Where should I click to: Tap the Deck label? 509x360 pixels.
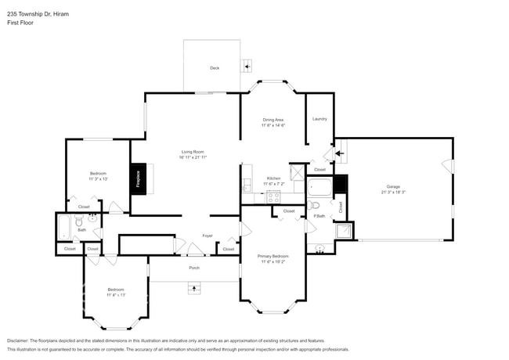pos(215,68)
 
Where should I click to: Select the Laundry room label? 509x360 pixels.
pos(319,119)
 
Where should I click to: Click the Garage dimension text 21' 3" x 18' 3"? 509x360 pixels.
pos(392,192)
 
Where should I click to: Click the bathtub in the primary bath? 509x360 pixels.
pos(319,186)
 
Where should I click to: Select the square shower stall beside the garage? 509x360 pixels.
pos(343,230)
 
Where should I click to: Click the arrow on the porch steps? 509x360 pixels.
pos(193,288)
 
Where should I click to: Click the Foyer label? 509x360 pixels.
pos(208,236)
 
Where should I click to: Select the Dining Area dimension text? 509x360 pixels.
pos(273,125)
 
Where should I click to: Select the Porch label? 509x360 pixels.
pos(194,268)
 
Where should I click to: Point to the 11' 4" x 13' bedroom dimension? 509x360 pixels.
pos(116,295)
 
